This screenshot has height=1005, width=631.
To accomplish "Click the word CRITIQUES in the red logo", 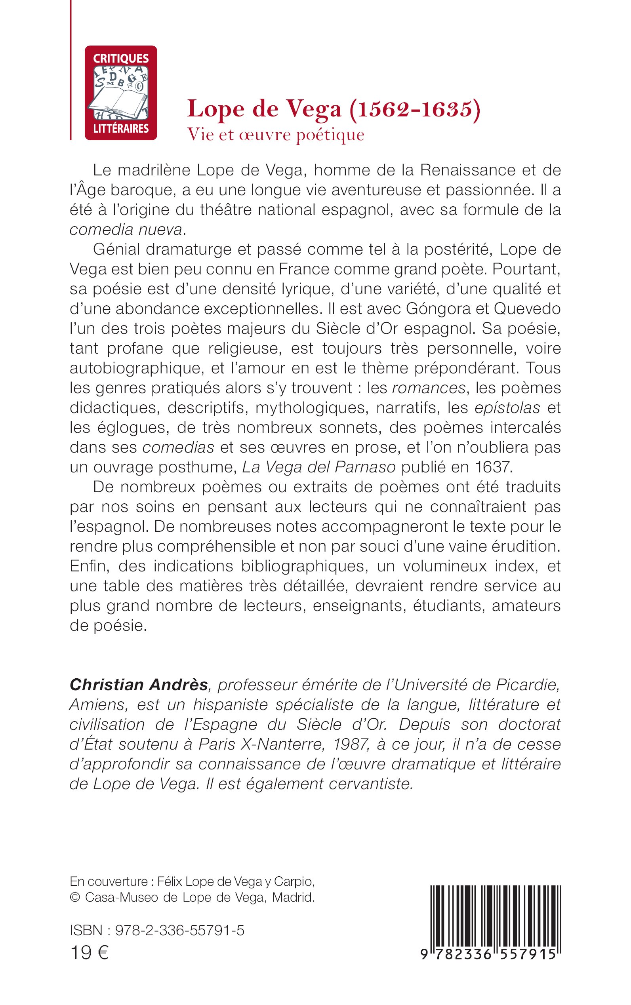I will tap(120, 58).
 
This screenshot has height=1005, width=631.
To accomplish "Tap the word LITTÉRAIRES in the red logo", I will tap(120, 128).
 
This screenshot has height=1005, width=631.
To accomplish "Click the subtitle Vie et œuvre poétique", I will tap(276, 135).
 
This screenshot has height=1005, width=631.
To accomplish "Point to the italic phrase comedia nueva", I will tap(126, 229).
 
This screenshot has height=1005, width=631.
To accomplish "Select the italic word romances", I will tap(429, 388).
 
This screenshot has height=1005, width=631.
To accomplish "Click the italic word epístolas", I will tap(507, 407).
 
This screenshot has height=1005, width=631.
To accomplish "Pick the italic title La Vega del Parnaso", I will tap(319, 467).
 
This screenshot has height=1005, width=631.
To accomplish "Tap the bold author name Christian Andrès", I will tap(139, 685).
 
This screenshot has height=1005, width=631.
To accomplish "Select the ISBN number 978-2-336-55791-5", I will tap(179, 931).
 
